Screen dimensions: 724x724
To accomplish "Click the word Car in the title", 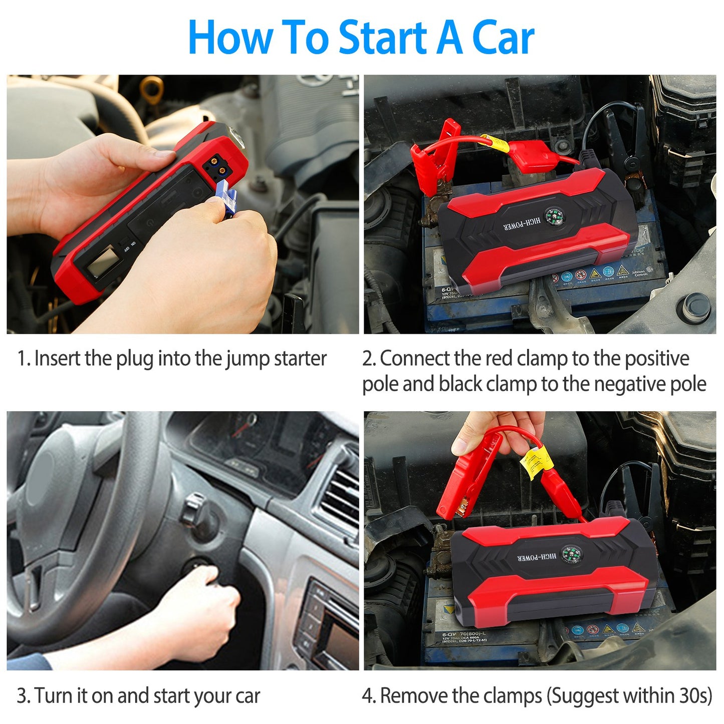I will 503,38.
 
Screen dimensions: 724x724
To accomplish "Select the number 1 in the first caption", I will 22,359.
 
